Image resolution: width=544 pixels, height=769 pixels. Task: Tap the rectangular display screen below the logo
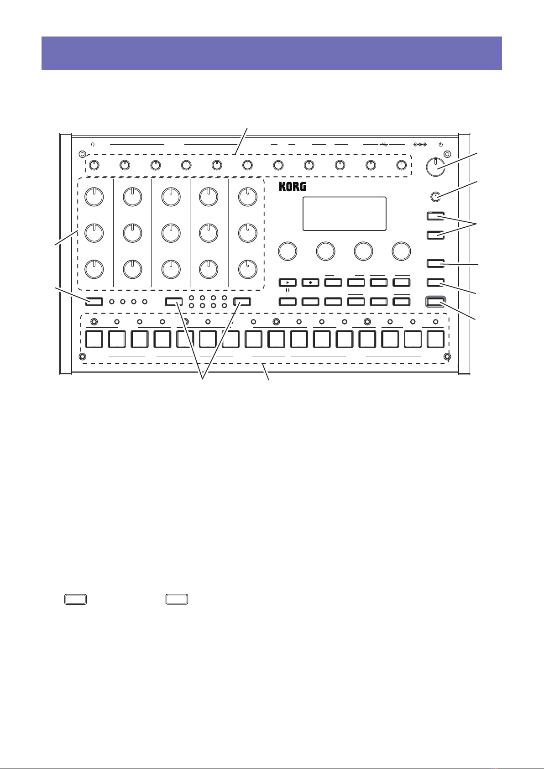tap(345, 214)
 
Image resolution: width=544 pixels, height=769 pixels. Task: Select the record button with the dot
tap(310, 283)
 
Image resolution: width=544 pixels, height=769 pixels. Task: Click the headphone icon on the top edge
tap(93, 144)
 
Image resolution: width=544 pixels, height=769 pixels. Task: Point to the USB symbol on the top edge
tap(383, 144)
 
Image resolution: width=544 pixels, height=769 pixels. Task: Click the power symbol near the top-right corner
tap(440, 144)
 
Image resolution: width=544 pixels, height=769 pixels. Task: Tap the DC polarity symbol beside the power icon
tap(419, 144)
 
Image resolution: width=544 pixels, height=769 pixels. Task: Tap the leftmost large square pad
tap(94, 339)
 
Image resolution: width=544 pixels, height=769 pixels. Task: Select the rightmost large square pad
tap(436, 339)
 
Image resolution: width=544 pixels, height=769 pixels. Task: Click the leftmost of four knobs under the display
tap(287, 250)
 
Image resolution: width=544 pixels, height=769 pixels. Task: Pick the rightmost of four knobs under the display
tap(401, 250)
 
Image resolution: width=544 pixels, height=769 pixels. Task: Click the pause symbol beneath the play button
tap(287, 290)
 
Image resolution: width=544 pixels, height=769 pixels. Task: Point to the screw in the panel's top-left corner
tap(82, 153)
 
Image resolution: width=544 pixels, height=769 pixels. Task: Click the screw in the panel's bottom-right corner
tap(447, 356)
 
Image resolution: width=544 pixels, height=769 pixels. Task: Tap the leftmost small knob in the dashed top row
tap(94, 165)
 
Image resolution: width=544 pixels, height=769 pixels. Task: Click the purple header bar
tap(272, 53)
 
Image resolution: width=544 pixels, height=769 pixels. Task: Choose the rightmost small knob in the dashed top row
tap(402, 165)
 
